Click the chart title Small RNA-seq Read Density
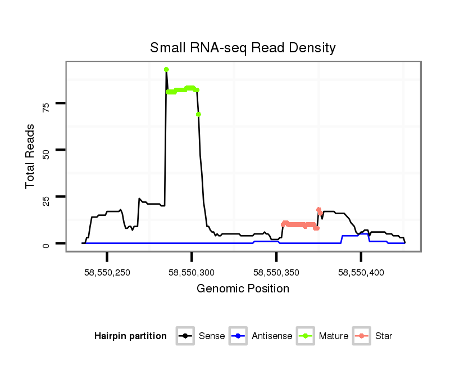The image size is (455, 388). pyautogui.click(x=243, y=48)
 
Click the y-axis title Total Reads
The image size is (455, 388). pyautogui.click(x=31, y=156)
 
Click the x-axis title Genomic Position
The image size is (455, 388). pyautogui.click(x=243, y=289)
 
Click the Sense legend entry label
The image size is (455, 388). pyautogui.click(x=212, y=336)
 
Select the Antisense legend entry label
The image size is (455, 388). pyautogui.click(x=272, y=336)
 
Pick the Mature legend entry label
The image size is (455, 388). pyautogui.click(x=333, y=336)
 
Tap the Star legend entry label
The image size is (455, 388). pyautogui.click(x=384, y=336)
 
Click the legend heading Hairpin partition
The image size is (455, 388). pyautogui.click(x=130, y=336)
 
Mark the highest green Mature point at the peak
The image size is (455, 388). pyautogui.click(x=166, y=70)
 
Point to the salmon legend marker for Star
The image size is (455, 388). pyautogui.click(x=363, y=336)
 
